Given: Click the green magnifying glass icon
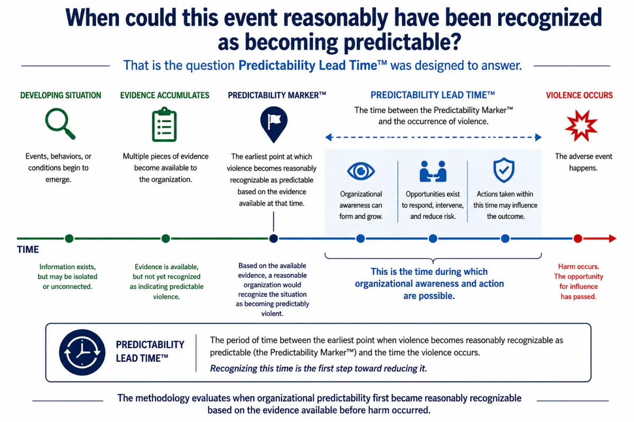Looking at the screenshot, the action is (x=60, y=123).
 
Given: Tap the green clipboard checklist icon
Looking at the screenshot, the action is (x=164, y=124).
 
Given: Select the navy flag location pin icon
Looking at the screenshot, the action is (x=274, y=124).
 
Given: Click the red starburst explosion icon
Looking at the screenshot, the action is (x=581, y=126).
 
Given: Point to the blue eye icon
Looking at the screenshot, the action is (x=361, y=171).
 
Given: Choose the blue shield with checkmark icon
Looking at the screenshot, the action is (x=504, y=170).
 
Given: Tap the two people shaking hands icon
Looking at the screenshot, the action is (x=433, y=171).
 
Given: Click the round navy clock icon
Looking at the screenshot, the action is (x=82, y=352).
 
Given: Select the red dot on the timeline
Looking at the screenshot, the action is (x=577, y=238).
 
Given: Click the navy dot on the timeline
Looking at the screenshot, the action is (x=274, y=238).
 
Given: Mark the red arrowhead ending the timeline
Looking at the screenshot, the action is (x=612, y=238).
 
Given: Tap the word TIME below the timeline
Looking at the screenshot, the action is (x=27, y=250).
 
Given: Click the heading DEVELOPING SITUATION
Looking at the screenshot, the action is (x=61, y=95).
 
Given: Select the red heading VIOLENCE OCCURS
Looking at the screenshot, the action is (x=579, y=95).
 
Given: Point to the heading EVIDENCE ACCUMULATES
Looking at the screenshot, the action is (x=165, y=95).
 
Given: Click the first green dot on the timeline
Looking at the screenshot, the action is (x=69, y=238).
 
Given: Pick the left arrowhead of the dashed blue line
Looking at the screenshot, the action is (x=328, y=137).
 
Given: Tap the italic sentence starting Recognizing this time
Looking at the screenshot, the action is (x=319, y=368).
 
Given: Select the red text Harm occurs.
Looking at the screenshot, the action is (x=578, y=266).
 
